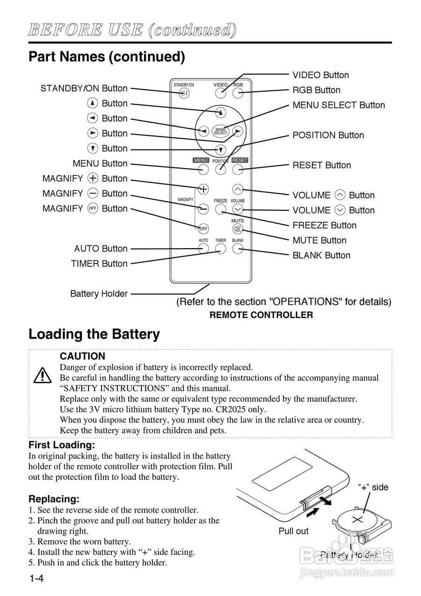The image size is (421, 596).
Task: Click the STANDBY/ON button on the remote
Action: [183, 93]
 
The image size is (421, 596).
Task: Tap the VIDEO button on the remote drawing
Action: [221, 93]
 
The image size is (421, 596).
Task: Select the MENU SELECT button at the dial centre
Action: [221, 131]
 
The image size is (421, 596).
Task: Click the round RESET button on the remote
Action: [238, 170]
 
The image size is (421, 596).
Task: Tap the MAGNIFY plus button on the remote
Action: [203, 189]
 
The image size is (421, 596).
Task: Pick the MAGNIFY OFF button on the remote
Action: [203, 229]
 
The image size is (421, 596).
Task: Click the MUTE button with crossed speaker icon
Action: [238, 229]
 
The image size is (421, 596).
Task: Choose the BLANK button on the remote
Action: [238, 249]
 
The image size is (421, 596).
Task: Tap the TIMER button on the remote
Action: [221, 249]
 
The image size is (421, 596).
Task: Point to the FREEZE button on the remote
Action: [221, 209]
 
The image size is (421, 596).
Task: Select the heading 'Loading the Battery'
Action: [94, 334]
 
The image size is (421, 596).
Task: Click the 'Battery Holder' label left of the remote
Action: [99, 294]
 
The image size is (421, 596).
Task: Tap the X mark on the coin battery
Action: [358, 519]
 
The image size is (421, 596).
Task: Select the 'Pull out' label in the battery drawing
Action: [294, 531]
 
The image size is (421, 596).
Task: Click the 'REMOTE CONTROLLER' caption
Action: [261, 315]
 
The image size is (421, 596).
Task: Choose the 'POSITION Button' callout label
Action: [328, 135]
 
